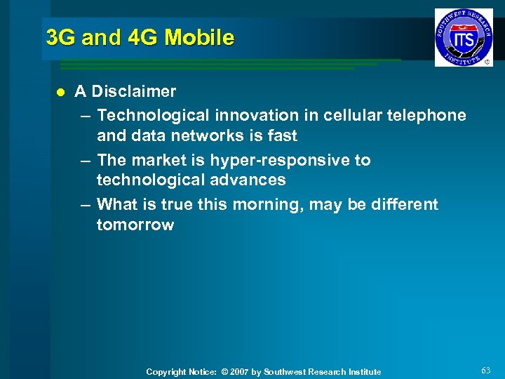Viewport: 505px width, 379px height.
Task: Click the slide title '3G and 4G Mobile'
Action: (x=140, y=37)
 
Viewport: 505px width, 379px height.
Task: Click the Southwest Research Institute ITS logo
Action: (x=464, y=37)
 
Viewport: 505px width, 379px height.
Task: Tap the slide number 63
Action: (x=486, y=370)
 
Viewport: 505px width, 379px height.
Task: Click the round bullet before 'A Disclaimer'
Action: (x=60, y=92)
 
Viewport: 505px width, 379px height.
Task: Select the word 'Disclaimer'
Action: (x=134, y=91)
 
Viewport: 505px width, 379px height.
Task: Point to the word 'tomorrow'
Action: (x=135, y=225)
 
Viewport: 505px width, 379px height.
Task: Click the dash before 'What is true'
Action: (x=85, y=205)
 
